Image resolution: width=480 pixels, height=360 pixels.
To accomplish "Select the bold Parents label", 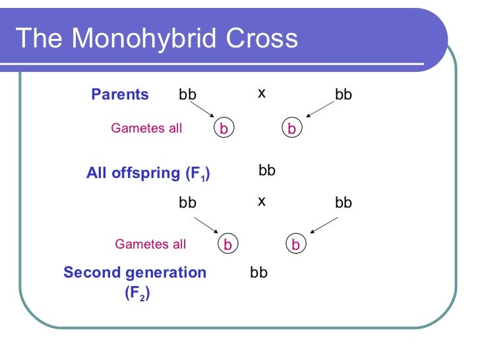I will [x=120, y=94].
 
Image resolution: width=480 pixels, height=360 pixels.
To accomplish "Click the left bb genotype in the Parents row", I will [x=188, y=95].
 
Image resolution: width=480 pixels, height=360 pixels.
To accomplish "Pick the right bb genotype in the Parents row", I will [x=344, y=95].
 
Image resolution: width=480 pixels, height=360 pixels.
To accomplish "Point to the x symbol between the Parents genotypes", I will [x=262, y=94].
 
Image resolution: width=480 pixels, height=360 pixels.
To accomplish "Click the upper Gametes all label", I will [x=146, y=129].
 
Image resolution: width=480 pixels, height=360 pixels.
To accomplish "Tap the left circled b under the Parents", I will [x=224, y=129].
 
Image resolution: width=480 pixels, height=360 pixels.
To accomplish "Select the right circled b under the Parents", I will [x=292, y=129].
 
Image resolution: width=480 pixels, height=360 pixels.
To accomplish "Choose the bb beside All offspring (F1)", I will [x=267, y=171].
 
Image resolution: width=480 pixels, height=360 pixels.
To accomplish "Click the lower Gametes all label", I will [x=150, y=245].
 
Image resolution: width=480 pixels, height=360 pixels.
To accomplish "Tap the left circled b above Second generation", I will [x=227, y=245].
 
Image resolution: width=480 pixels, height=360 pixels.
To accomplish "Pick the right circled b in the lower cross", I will [x=296, y=245].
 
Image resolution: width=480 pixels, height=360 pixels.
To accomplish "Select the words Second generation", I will [x=135, y=273].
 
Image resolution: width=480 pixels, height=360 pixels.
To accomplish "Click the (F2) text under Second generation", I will [x=137, y=294].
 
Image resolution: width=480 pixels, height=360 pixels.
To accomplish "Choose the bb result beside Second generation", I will [x=259, y=272].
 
